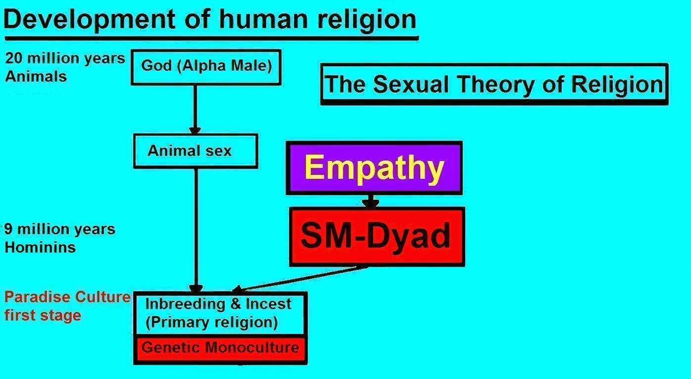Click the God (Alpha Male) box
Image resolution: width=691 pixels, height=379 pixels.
click(x=206, y=67)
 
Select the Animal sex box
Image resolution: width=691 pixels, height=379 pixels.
click(x=196, y=151)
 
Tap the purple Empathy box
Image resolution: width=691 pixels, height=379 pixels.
click(x=374, y=168)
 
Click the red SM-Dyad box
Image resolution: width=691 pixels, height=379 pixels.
click(x=377, y=237)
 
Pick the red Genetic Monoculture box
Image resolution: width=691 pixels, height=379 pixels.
click(x=221, y=349)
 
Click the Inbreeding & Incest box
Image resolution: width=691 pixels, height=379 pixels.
click(x=220, y=313)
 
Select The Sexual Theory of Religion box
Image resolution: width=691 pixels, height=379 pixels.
click(x=494, y=84)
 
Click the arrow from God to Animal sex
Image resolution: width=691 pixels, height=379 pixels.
click(x=195, y=109)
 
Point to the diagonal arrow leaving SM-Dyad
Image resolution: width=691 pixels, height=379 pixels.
click(x=300, y=279)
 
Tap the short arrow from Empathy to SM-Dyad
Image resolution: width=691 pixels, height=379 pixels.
click(x=370, y=201)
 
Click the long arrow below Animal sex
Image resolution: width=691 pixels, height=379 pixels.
click(x=196, y=230)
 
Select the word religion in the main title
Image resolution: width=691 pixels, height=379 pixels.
click(x=367, y=20)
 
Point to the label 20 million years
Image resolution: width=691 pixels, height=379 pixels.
click(x=65, y=58)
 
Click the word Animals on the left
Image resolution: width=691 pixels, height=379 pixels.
click(x=36, y=76)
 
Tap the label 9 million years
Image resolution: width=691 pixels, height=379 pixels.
click(x=60, y=229)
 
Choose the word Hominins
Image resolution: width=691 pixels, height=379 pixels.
click(x=40, y=248)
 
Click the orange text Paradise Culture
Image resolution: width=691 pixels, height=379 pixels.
click(x=67, y=297)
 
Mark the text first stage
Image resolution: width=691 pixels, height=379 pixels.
click(x=43, y=316)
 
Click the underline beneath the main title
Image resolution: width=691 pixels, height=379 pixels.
click(x=212, y=39)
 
